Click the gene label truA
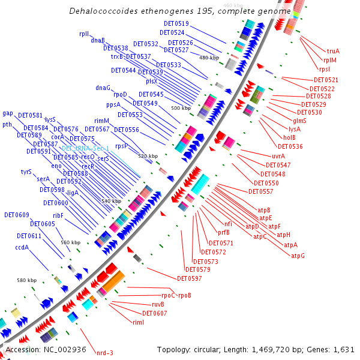point(333,51)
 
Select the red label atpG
point(298,256)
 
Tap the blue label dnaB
point(98,40)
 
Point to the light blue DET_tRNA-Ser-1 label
point(85,148)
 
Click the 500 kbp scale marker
point(179,108)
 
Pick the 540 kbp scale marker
point(110,201)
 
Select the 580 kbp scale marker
point(26,280)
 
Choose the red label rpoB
point(184,295)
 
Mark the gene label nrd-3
point(105,353)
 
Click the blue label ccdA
point(22,247)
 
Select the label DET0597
point(189,278)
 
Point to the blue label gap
point(8,113)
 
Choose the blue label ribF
point(58,215)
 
